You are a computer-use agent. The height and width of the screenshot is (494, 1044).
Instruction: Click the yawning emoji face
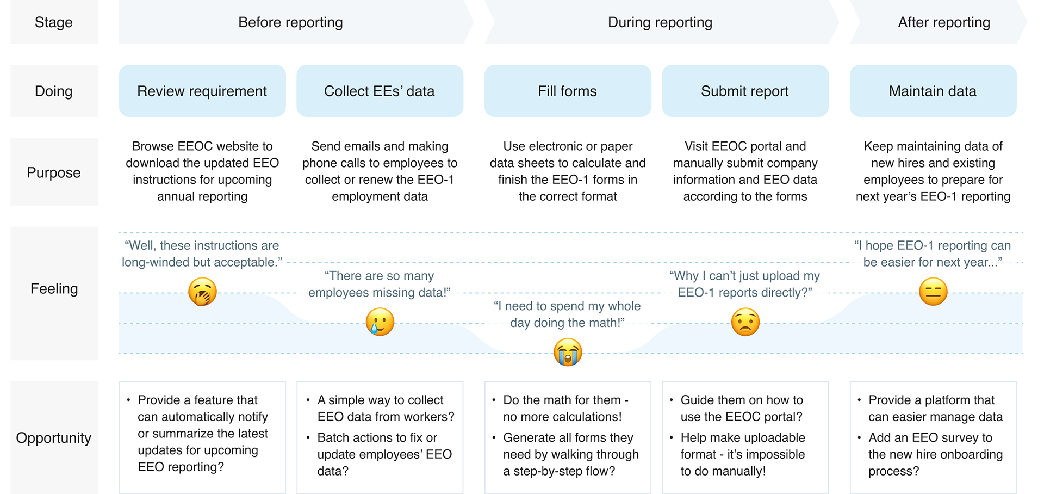click(x=202, y=292)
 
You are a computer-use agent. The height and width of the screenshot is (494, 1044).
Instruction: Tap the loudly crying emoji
click(x=568, y=352)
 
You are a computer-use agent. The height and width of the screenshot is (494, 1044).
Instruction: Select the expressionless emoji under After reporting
click(x=933, y=292)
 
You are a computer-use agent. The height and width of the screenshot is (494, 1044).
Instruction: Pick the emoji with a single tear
click(x=380, y=322)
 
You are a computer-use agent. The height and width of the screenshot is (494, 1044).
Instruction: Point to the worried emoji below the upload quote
click(x=745, y=322)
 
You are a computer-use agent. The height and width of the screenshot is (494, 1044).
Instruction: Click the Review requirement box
click(x=202, y=91)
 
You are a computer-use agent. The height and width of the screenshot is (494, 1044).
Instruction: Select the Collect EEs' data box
click(x=380, y=91)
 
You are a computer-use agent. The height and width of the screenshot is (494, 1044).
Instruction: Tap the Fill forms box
click(x=568, y=91)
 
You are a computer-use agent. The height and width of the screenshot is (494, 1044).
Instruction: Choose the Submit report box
click(x=745, y=91)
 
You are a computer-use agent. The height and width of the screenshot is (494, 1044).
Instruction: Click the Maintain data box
click(x=933, y=91)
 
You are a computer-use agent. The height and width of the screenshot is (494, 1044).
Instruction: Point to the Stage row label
click(x=54, y=22)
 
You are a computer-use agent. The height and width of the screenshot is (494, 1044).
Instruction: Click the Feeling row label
click(x=54, y=288)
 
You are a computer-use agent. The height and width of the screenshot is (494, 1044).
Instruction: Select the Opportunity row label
click(x=54, y=438)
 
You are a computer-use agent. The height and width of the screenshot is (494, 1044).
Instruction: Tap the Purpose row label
click(x=54, y=172)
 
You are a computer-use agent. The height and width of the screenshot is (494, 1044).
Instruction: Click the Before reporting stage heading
click(x=291, y=22)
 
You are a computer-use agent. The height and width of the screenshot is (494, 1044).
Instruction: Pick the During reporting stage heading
click(x=660, y=22)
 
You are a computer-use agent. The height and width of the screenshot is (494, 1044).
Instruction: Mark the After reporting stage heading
click(x=944, y=22)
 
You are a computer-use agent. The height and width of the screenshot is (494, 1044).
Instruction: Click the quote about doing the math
click(x=567, y=314)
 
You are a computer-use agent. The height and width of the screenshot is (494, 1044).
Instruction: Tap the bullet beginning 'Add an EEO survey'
click(x=935, y=454)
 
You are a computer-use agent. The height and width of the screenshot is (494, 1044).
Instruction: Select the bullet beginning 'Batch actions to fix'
click(x=384, y=454)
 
